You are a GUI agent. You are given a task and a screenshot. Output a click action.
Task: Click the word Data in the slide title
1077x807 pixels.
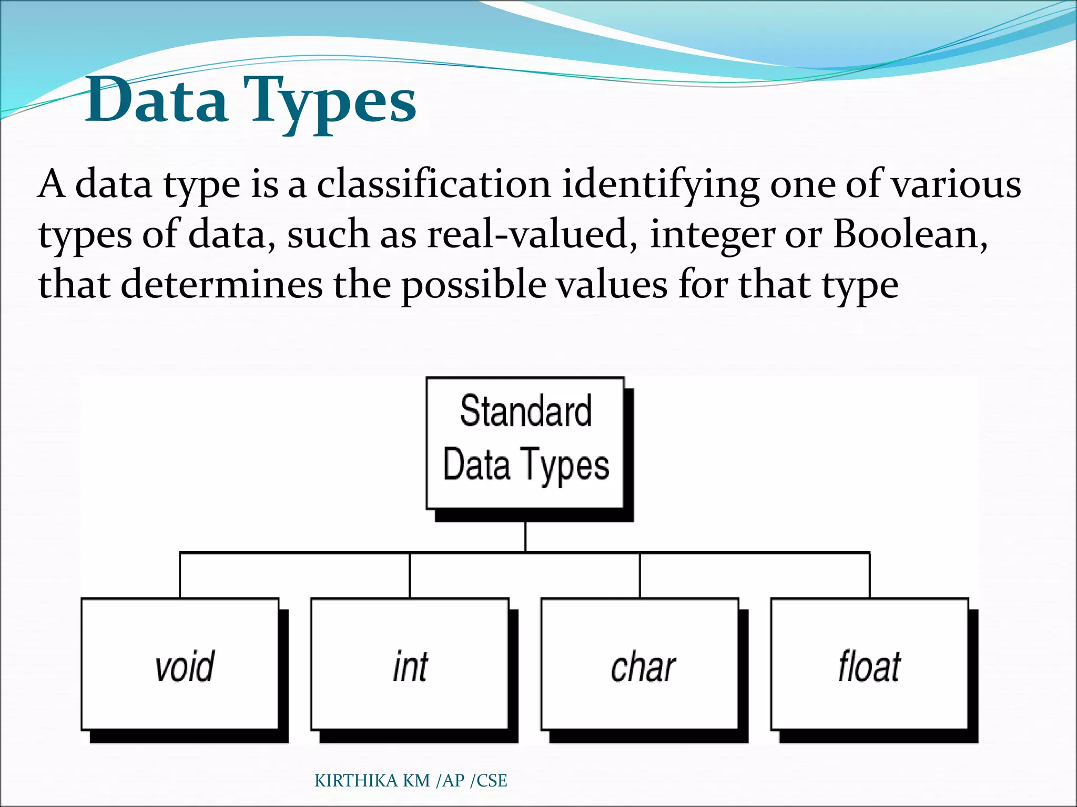coord(156,100)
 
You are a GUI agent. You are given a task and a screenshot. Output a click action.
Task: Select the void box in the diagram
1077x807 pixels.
coord(180,664)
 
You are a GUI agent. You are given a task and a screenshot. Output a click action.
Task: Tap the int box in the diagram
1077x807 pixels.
coord(410,664)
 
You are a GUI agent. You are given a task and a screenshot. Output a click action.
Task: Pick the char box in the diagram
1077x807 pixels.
coord(639,664)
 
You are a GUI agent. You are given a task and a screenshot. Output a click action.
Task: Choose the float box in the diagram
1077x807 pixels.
coord(869,664)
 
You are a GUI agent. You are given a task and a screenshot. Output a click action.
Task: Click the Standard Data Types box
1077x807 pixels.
coord(525,443)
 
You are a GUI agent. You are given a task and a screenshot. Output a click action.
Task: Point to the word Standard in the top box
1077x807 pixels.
coord(525,411)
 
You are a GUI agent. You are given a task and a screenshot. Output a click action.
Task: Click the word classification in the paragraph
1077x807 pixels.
coord(433,185)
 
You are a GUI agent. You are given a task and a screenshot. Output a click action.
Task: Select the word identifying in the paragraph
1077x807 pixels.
coord(661,185)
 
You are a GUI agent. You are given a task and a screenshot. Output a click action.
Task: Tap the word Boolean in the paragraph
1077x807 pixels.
coord(909,234)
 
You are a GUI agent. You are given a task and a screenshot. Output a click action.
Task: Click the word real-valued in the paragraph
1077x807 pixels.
coord(527,234)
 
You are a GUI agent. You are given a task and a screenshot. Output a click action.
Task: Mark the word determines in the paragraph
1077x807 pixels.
coord(221,284)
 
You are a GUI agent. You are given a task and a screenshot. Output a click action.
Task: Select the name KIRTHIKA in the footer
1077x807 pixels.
coord(357,781)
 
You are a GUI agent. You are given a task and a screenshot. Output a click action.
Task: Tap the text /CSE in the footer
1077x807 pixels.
coord(489,781)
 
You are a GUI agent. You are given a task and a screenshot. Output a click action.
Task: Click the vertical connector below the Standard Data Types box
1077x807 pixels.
coord(525,536)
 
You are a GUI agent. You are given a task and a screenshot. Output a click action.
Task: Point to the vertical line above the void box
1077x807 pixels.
coord(180,575)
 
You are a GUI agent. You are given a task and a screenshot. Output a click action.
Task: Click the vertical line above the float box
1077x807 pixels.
coord(869,575)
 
